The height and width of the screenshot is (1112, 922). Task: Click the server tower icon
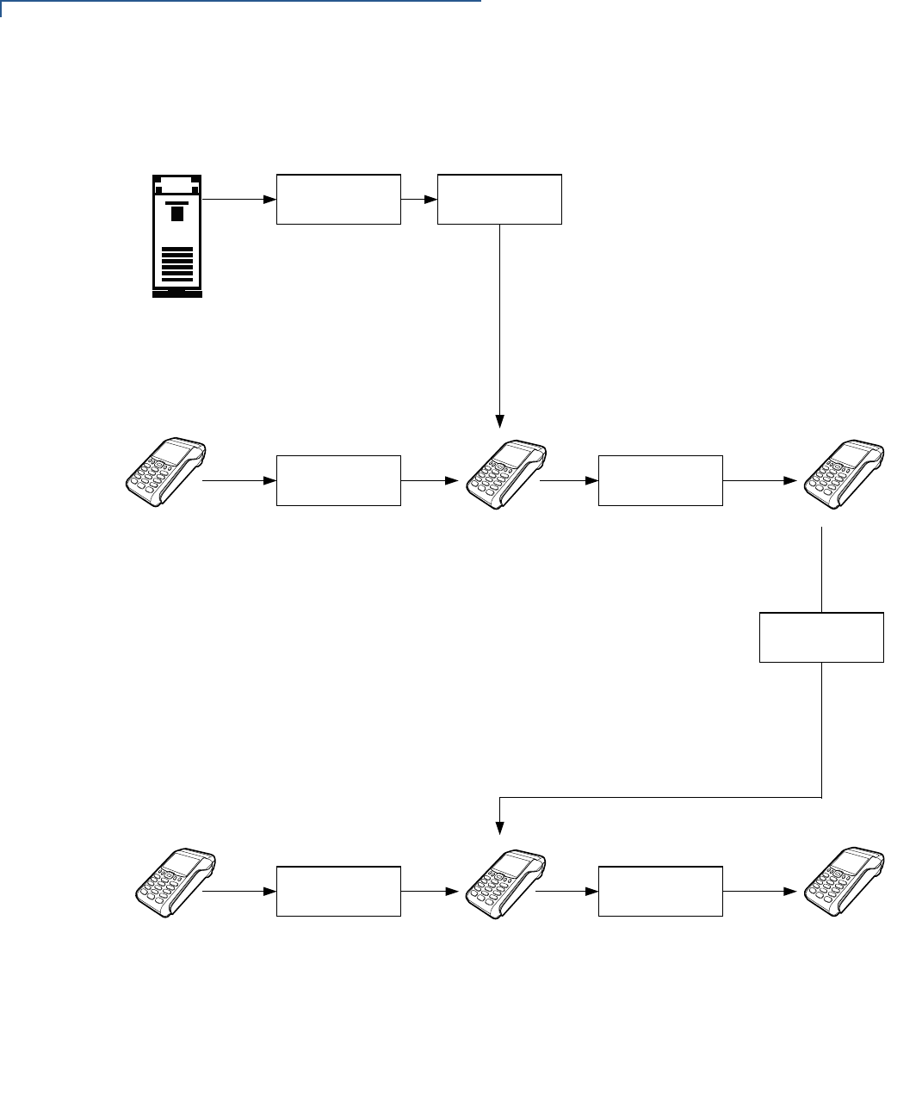(x=176, y=235)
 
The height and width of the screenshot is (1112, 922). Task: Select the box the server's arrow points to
(x=338, y=199)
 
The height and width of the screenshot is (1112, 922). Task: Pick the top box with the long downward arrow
(x=499, y=199)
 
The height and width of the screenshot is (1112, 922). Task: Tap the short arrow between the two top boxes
(x=419, y=199)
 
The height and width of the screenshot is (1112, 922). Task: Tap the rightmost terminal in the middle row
(x=844, y=472)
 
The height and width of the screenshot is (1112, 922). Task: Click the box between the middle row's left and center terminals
(x=338, y=480)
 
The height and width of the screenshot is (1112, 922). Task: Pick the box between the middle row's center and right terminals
(x=660, y=480)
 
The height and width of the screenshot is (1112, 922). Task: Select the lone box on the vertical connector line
(x=821, y=637)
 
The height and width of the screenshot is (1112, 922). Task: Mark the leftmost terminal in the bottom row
(x=176, y=882)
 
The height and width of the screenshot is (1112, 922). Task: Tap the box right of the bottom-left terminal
(x=338, y=892)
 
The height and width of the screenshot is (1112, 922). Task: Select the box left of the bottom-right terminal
(x=660, y=892)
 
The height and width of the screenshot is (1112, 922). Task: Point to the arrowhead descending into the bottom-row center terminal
(x=500, y=829)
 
